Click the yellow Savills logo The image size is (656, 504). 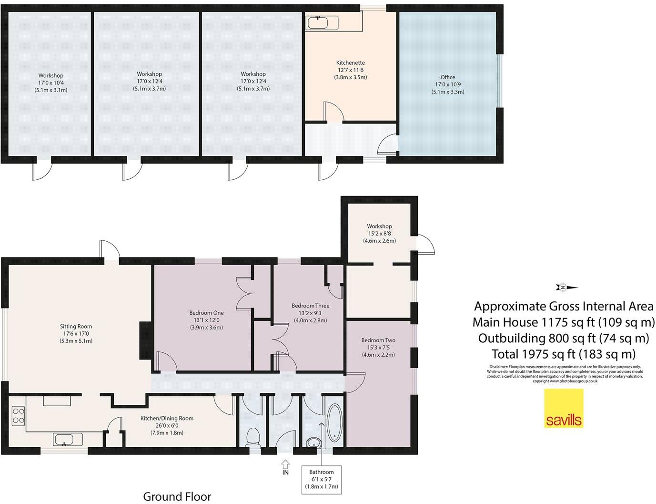point(564,408)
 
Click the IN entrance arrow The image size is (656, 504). point(285,465)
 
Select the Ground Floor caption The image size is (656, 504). point(177,496)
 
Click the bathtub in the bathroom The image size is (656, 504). point(334,423)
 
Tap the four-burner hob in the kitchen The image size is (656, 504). point(18,415)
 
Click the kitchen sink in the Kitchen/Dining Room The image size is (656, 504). point(68,439)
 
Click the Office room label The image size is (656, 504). point(447,77)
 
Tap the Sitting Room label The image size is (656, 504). point(76,327)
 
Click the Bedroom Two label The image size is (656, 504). point(378,340)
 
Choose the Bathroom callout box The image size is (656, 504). point(322,479)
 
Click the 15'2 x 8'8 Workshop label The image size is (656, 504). point(379,234)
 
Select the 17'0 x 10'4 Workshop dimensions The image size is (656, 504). point(51,82)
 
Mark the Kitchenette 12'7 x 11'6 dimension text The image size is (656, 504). point(350,70)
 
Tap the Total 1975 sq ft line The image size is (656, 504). point(564,354)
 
